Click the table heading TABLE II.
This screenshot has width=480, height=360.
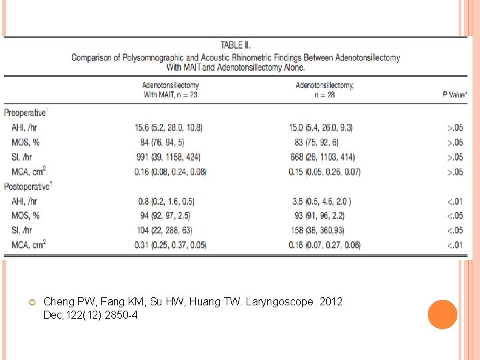click(235, 45)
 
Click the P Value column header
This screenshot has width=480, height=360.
click(454, 95)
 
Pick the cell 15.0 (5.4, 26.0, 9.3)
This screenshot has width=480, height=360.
click(323, 127)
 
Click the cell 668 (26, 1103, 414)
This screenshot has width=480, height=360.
click(323, 157)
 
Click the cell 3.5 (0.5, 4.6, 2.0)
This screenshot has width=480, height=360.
click(322, 201)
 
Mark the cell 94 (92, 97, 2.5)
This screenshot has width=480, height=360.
click(168, 216)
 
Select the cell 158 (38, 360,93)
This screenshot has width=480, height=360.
click(323, 231)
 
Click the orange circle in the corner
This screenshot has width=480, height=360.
click(443, 315)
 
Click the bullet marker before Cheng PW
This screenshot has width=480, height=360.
click(31, 303)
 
